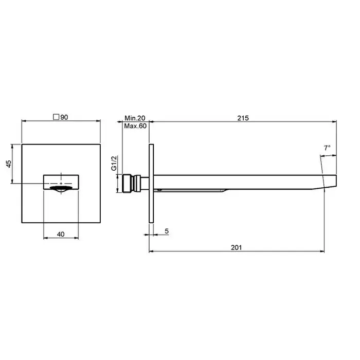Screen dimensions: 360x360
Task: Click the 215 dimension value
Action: point(243,118)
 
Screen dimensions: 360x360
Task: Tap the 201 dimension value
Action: point(236,247)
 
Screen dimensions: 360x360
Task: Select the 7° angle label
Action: point(327,148)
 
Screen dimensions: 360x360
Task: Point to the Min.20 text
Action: point(135,118)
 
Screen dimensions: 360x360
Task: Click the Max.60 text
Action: point(135,126)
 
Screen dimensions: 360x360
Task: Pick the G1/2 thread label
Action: point(114,163)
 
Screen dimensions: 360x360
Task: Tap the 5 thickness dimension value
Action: point(167,231)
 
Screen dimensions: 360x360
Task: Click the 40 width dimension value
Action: point(61,234)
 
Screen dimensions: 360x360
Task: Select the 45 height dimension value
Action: point(8,164)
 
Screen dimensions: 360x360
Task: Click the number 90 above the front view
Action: point(64,117)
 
